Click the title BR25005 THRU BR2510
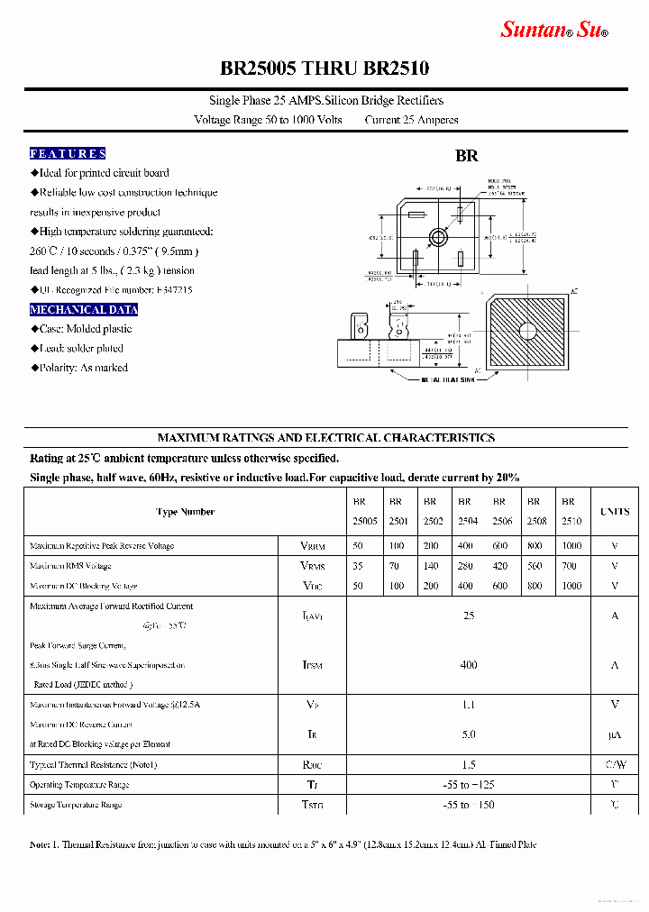324,68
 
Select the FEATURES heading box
68,153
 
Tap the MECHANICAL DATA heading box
84,309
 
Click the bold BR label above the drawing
466,155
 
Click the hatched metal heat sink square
526,331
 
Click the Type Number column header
185,512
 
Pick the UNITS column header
615,512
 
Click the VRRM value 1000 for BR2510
571,546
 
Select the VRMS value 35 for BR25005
359,566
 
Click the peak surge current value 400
468,665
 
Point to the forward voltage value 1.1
468,705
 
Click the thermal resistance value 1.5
468,764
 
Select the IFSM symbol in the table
312,666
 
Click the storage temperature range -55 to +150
468,805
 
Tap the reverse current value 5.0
468,734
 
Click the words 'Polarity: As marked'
82,368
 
